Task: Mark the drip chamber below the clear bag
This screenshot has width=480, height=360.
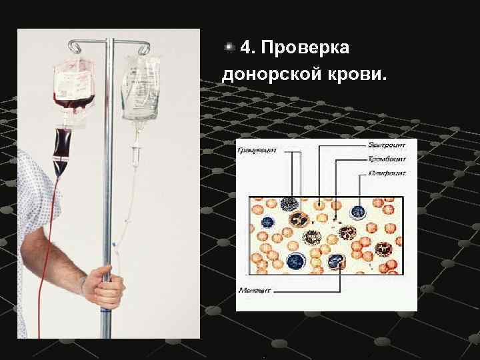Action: pos(135,155)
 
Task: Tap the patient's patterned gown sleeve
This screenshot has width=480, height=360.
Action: pos(37,200)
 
